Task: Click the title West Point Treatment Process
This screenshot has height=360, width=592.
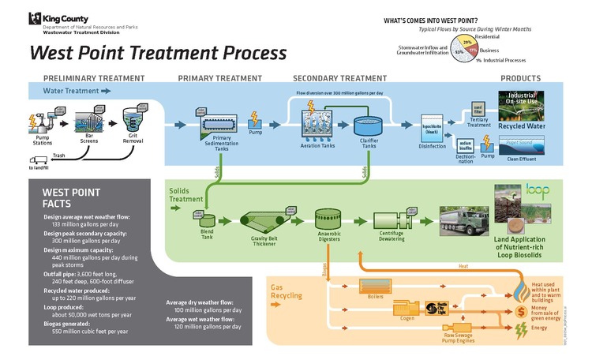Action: coord(158,54)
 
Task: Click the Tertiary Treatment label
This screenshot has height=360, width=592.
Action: coord(478,125)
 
